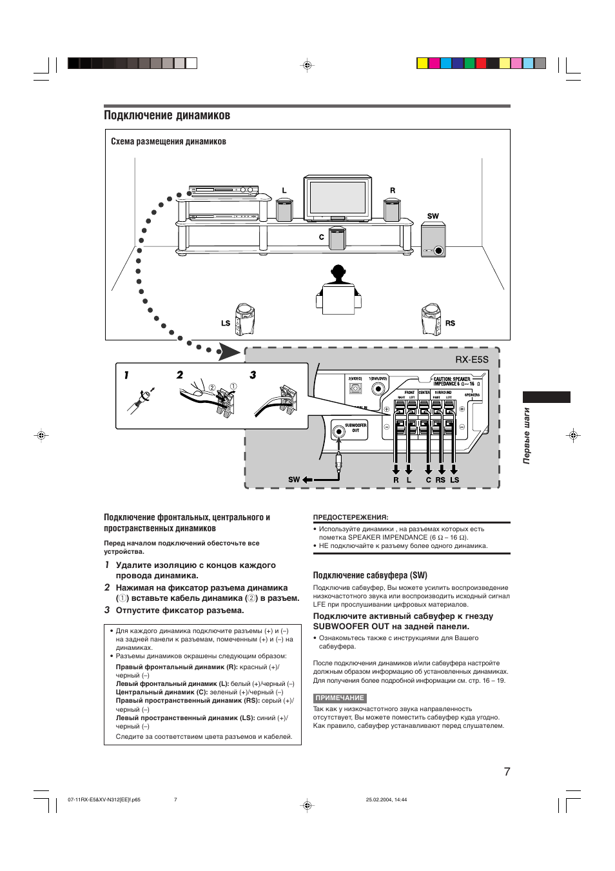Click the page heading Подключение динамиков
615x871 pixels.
167,115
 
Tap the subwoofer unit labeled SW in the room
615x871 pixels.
433,243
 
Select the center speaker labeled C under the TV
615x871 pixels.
337,239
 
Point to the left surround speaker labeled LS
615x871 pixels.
244,319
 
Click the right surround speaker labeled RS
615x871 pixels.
431,320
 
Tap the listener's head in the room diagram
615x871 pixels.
338,274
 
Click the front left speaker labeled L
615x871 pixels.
284,210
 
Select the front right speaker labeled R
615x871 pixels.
392,210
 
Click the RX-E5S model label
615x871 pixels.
472,359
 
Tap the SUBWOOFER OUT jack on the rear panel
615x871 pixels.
339,431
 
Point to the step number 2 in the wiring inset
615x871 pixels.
180,375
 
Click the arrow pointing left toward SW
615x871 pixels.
307,480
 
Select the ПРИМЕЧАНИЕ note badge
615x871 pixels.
339,698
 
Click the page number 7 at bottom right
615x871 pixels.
507,772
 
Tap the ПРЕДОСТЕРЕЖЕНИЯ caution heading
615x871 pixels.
351,517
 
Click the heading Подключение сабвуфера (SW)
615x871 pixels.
370,575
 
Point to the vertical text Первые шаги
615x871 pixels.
527,436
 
